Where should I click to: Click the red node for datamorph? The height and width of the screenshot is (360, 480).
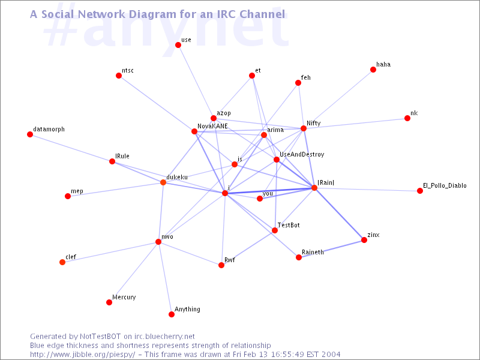click(30, 134)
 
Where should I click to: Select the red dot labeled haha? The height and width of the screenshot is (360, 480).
click(373, 70)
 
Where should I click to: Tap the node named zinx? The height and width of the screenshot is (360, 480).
click(364, 240)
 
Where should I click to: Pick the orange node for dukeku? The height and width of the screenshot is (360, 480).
click(163, 182)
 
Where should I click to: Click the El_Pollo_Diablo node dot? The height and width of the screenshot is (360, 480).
click(420, 191)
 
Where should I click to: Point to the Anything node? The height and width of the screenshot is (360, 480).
click(172, 314)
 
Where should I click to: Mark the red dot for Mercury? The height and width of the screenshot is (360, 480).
click(109, 302)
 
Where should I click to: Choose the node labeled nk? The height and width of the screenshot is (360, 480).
click(407, 118)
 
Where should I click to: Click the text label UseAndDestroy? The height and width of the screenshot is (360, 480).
click(302, 155)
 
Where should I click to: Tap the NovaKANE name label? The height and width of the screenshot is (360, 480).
click(212, 126)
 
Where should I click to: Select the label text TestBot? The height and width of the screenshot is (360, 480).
click(289, 225)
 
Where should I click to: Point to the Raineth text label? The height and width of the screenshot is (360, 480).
click(313, 252)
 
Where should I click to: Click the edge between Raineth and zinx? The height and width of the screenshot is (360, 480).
click(332, 249)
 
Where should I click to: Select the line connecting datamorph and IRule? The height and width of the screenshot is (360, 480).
click(71, 148)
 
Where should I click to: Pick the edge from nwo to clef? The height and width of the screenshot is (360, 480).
click(110, 252)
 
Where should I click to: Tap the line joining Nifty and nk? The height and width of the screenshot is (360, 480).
click(355, 124)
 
